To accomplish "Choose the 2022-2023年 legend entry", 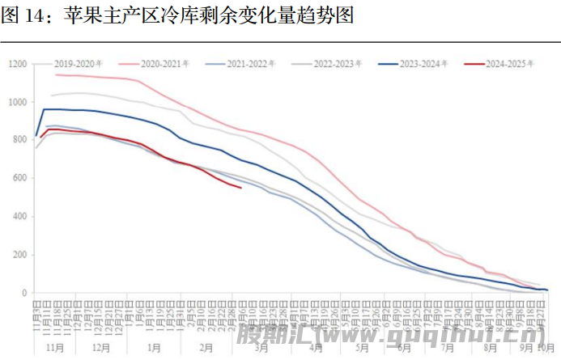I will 334,62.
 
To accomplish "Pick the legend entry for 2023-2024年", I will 420,62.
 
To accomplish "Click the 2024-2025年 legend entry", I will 506,62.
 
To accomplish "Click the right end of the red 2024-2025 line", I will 240,188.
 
